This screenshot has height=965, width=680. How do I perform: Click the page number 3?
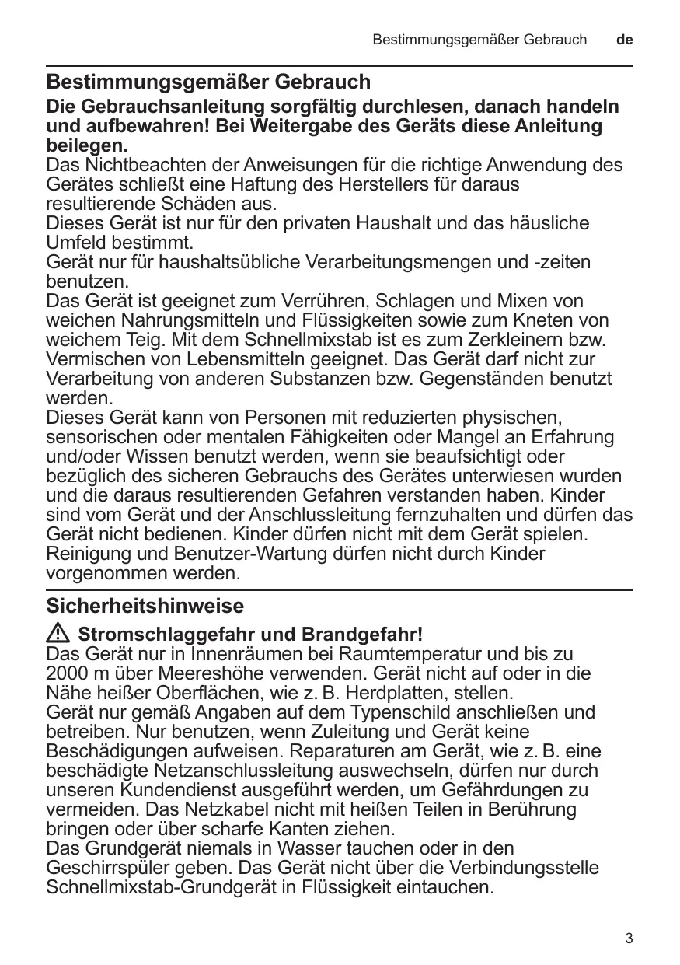click(629, 939)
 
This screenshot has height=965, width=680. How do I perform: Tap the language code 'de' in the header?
click(624, 39)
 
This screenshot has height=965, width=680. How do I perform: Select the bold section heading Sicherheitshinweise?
click(145, 606)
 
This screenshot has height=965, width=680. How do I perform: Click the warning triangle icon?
click(58, 632)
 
